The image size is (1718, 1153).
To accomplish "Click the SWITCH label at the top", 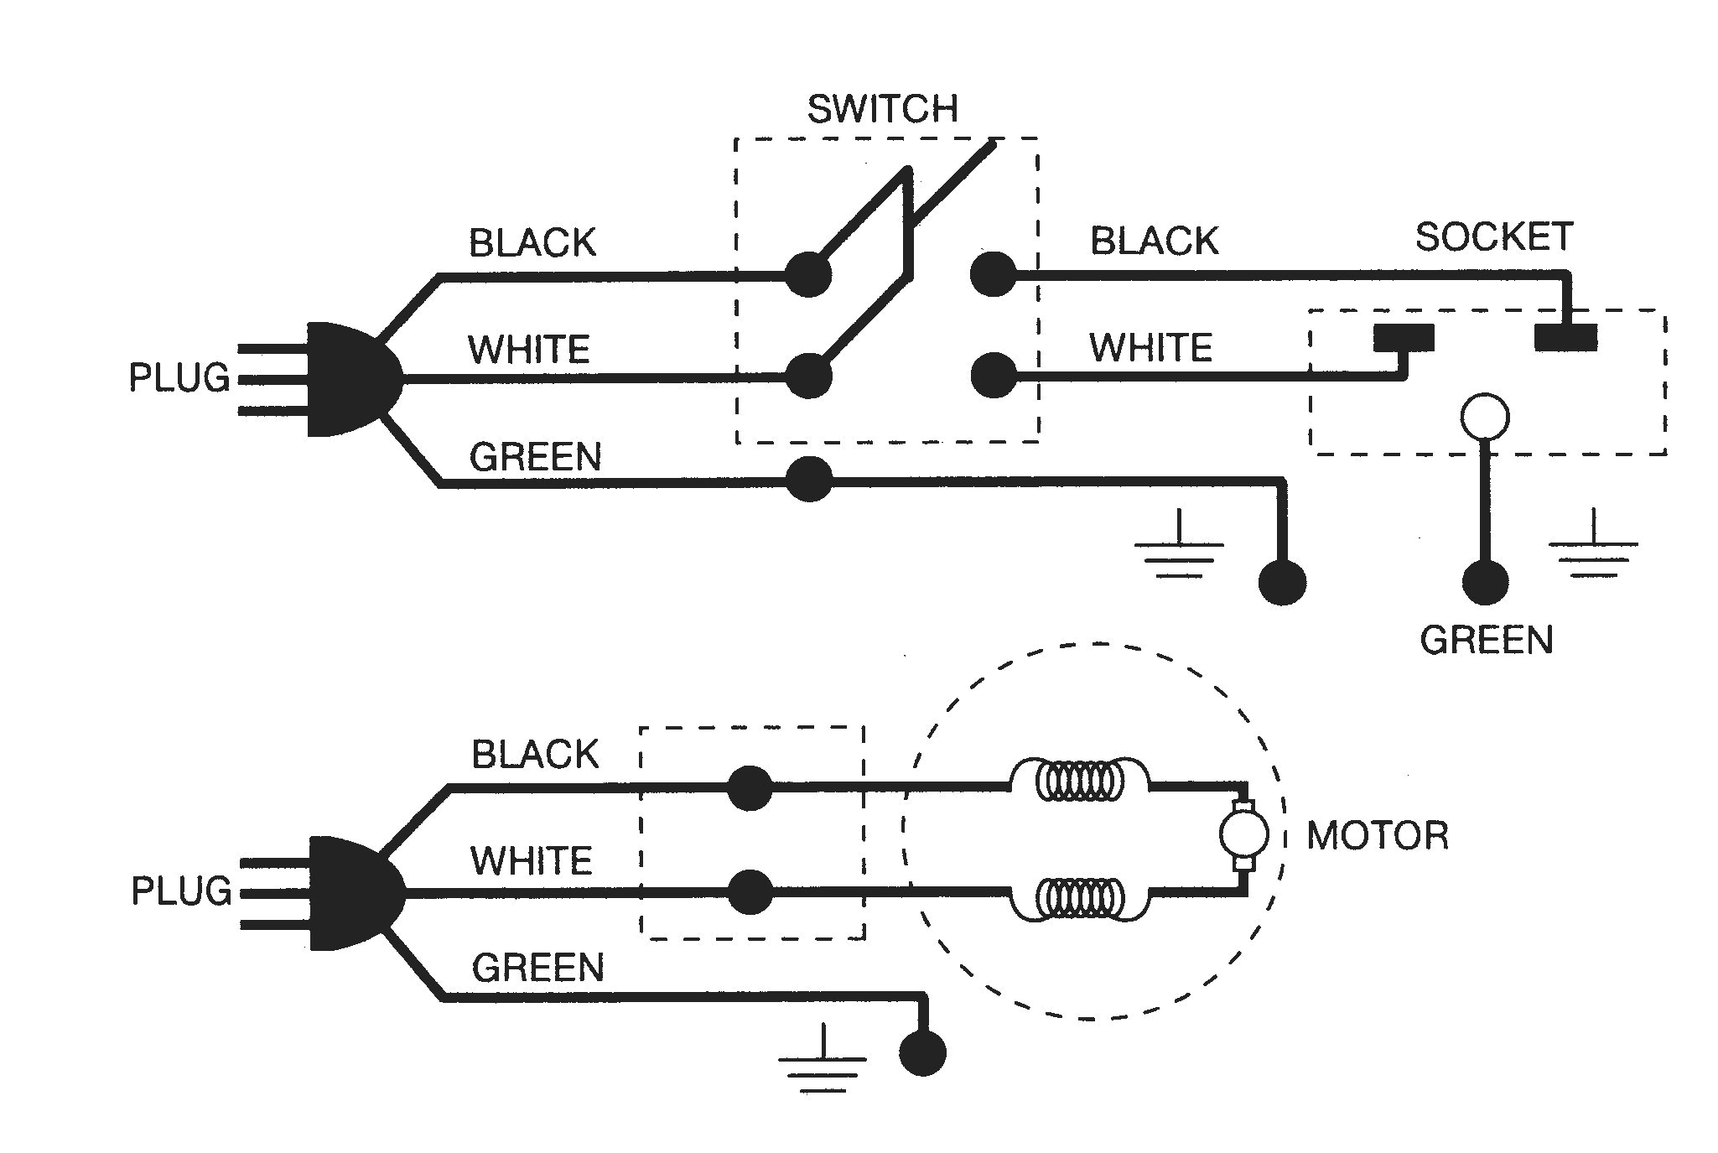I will point(882,110).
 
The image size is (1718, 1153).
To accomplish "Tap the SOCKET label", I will point(1493,237).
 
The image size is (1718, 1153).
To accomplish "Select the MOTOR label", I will point(1378,836).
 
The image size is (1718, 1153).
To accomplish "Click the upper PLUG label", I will point(179,378).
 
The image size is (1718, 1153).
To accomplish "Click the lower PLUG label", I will point(181,891).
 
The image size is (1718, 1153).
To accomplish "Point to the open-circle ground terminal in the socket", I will point(1485,417).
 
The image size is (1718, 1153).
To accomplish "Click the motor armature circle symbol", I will point(1243,835).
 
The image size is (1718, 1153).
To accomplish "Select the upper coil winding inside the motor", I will point(1079,782).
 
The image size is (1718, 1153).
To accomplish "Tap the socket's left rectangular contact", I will point(1404,338).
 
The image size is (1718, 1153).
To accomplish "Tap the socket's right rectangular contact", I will point(1565,337).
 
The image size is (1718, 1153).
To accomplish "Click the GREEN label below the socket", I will point(1486,640).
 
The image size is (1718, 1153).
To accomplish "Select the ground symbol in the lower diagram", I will point(822,1061).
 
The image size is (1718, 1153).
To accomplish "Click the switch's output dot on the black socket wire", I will point(994,274).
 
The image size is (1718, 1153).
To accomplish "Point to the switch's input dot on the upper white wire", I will point(809,376).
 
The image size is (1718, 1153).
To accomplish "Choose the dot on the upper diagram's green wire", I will point(809,480).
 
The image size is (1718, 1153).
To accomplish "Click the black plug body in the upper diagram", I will point(348,379).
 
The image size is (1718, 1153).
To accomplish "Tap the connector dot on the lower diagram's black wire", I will point(750,787).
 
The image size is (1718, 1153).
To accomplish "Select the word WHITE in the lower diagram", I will point(531,860).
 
